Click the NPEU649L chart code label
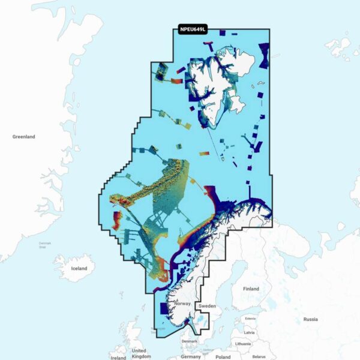point(193,29)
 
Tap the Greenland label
point(24,137)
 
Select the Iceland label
point(79,268)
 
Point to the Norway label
point(182,304)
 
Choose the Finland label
point(251,289)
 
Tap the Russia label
point(311,319)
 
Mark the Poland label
point(223,356)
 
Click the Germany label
point(191,356)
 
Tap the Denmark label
point(189,341)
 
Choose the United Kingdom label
point(139,353)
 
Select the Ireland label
point(118,358)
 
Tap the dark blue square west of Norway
point(164,308)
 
